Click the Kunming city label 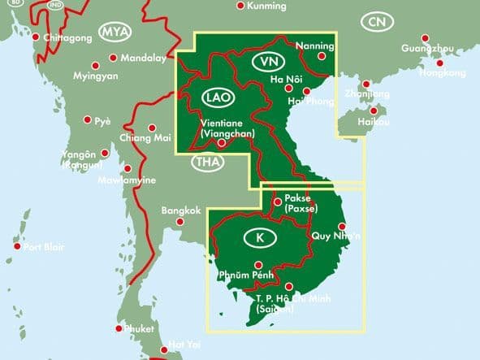click(x=267, y=7)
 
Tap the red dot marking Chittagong click(x=36, y=37)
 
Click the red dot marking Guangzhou click(x=426, y=37)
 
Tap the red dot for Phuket click(x=119, y=328)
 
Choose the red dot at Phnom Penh click(x=258, y=265)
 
